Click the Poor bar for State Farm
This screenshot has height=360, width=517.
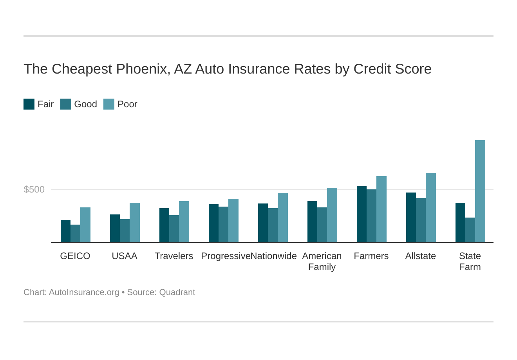(480, 191)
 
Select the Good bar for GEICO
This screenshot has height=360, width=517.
(75, 234)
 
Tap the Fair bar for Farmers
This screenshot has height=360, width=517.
(362, 214)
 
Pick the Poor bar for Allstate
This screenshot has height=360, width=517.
(430, 208)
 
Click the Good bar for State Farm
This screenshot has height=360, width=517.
(470, 230)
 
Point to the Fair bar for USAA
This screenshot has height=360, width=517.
(115, 229)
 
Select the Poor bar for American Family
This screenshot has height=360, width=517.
(332, 215)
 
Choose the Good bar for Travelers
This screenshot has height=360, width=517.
(174, 229)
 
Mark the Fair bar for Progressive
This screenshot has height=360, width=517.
(213, 223)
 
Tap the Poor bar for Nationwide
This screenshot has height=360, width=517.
(282, 218)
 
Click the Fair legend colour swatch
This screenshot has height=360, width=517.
(29, 104)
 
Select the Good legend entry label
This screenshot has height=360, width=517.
(85, 104)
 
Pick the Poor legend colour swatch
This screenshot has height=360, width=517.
(109, 104)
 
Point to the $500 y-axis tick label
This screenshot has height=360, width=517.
(34, 189)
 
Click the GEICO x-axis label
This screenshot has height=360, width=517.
(75, 256)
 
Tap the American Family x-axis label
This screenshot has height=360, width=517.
(322, 261)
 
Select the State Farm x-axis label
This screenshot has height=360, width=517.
(470, 261)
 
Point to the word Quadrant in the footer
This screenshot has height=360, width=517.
(177, 292)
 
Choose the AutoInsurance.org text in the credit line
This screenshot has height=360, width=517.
(84, 292)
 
